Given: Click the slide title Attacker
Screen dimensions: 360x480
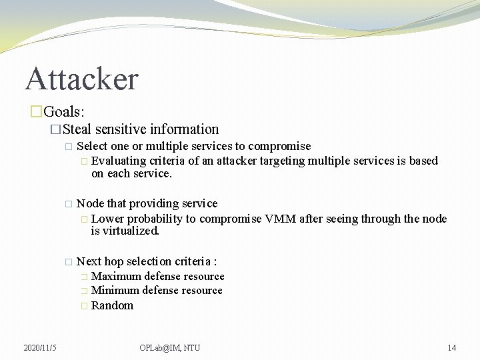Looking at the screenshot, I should (x=81, y=79).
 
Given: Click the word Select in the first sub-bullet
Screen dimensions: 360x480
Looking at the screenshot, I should (x=92, y=146).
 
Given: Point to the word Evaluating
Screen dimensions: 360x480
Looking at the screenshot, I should (x=119, y=161).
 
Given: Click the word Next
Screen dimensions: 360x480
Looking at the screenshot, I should (x=89, y=261).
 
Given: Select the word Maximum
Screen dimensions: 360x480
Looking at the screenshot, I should (x=116, y=276).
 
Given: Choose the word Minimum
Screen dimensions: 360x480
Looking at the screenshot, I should (x=115, y=290).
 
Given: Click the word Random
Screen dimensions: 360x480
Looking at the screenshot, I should (x=112, y=305).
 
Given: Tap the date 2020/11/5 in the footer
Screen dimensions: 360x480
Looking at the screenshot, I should (x=40, y=347).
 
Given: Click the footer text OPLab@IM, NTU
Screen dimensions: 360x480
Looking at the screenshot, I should (x=169, y=347).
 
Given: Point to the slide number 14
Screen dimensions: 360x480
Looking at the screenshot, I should (x=451, y=347).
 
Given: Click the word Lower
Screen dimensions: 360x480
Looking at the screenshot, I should (x=107, y=219).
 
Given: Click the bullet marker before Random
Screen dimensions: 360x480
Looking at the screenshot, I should (x=83, y=306).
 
